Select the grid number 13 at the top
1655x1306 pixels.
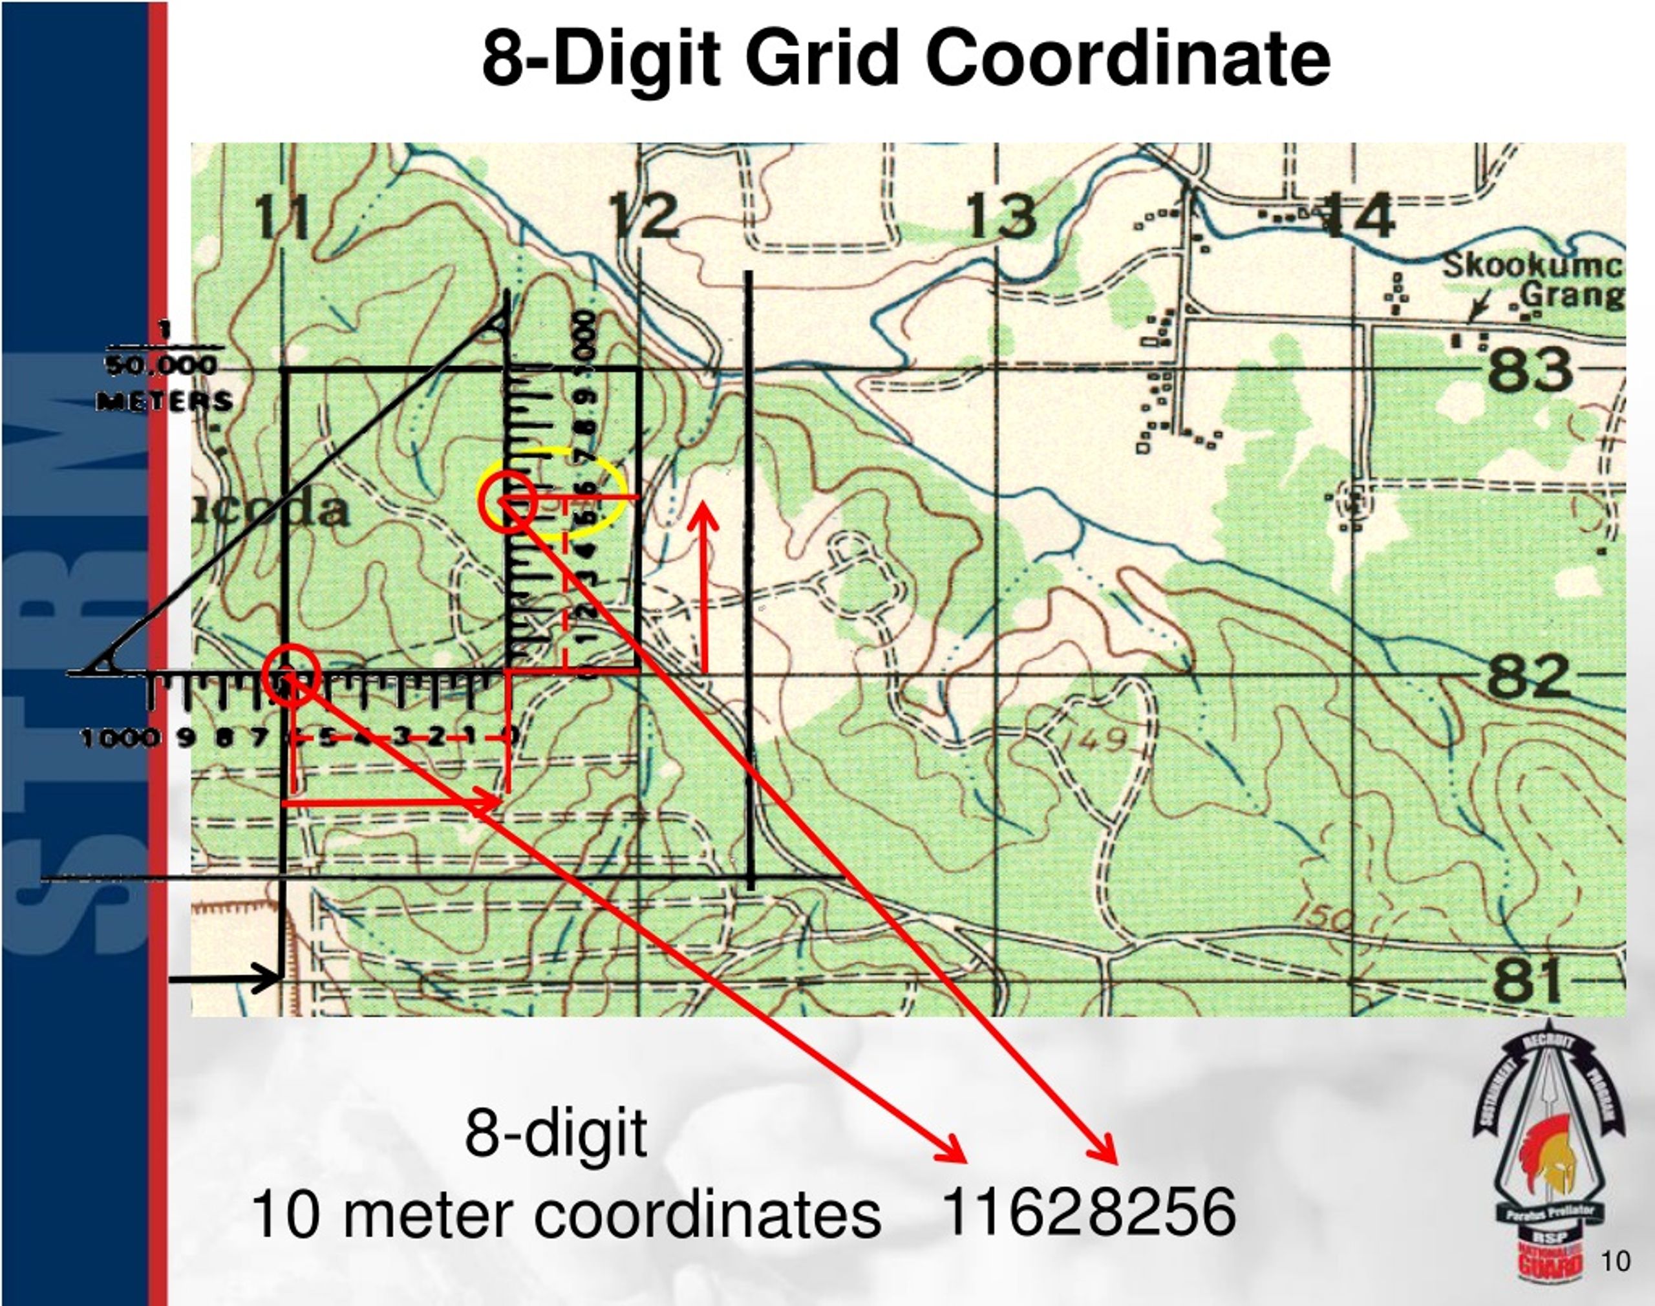(1001, 217)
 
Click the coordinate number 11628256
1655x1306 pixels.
(1089, 1213)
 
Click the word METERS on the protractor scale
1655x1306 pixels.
(164, 401)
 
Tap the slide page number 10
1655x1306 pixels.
(1614, 1261)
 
